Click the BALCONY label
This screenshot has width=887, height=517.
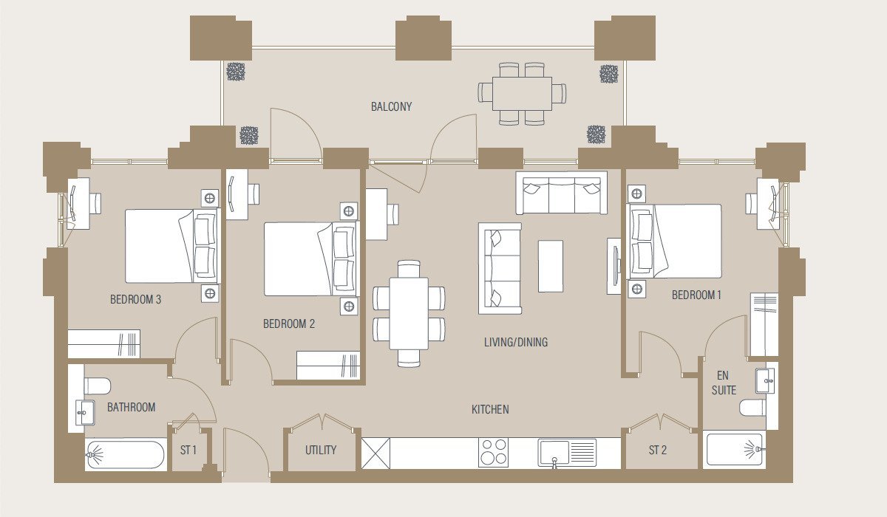tap(391, 106)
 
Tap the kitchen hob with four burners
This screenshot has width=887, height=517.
tap(494, 453)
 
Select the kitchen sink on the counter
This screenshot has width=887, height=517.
tap(567, 453)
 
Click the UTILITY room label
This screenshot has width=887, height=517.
tap(321, 450)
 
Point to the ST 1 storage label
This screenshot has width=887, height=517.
tap(188, 450)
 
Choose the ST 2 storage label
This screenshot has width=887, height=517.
tap(658, 450)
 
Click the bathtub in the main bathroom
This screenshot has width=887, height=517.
tap(125, 454)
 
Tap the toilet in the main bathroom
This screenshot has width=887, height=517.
tap(97, 386)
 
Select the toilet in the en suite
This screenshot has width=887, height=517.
tap(752, 408)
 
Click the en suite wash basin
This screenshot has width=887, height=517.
tap(764, 381)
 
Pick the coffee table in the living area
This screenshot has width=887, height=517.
tap(551, 266)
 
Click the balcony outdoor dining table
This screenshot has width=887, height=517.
tap(522, 94)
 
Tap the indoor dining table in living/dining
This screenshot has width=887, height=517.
tap(409, 314)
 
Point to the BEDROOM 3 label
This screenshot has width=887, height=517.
tap(136, 299)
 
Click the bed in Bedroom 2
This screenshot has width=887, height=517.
tap(310, 259)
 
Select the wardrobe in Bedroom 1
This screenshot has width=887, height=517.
tap(764, 324)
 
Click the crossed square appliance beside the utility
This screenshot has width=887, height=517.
tap(375, 453)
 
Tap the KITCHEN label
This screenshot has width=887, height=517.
tap(490, 409)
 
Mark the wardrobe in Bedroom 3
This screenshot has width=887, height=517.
tap(103, 343)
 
